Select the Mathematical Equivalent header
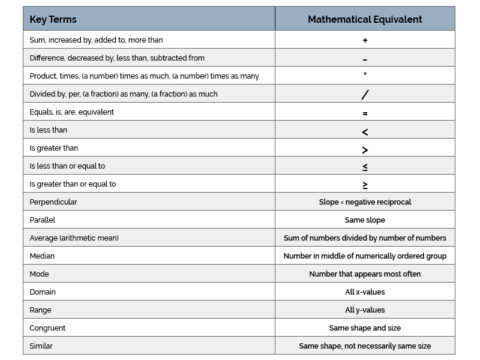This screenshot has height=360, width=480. tap(365, 19)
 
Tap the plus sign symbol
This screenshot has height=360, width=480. tap(365, 40)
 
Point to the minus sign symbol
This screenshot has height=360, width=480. tap(365, 59)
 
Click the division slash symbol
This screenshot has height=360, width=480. tap(365, 94)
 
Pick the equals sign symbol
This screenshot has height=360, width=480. tap(365, 112)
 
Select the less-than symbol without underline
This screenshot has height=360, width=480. tap(365, 130)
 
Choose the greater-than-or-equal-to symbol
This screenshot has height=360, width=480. tap(365, 184)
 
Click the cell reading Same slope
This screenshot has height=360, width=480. tap(365, 219)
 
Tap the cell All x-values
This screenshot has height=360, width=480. tap(365, 291)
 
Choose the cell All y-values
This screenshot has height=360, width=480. tap(365, 309)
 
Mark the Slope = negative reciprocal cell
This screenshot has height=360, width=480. tap(365, 201)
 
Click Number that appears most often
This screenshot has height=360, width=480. tap(365, 273)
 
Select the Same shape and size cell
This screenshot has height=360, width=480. tap(365, 327)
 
